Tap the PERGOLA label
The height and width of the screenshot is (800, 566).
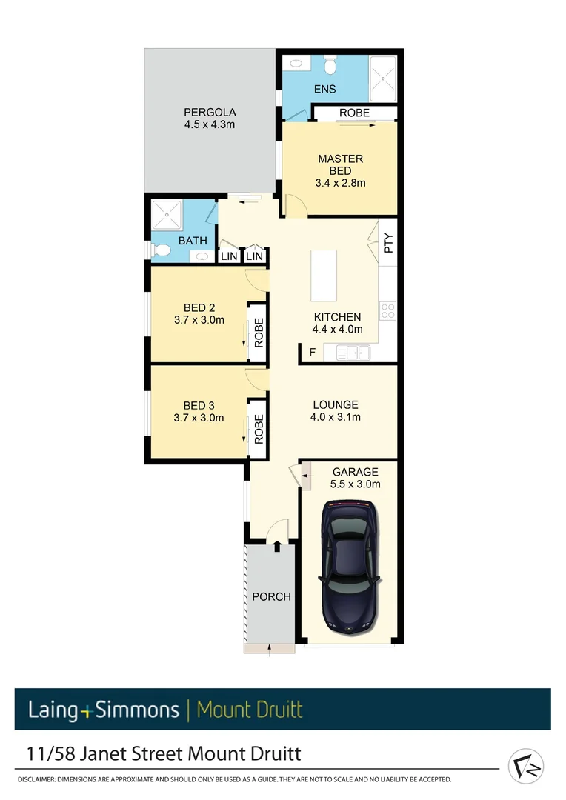(210, 113)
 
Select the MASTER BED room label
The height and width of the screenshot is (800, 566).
(340, 164)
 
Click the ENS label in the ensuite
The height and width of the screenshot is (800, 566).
(324, 89)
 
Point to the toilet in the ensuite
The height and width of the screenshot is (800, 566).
(331, 67)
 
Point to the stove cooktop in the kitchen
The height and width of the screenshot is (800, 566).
(387, 310)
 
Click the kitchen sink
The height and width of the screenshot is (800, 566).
(357, 352)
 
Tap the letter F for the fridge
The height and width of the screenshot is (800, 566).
(312, 352)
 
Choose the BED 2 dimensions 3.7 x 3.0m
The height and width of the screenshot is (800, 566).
(199, 320)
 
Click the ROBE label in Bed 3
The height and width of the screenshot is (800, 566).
(259, 427)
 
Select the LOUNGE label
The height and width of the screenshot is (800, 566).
(335, 404)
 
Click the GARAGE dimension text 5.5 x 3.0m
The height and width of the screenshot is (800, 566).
(356, 484)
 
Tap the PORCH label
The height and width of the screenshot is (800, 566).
(271, 596)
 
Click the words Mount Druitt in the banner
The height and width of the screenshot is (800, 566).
(250, 710)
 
